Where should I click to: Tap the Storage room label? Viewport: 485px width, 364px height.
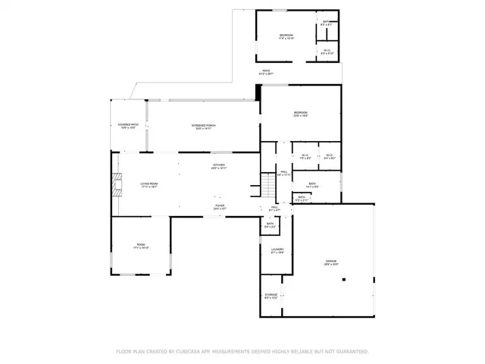[x=271, y=296]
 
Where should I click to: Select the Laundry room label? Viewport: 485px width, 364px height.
[x=277, y=251]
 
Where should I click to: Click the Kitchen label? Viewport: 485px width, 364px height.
[x=219, y=166]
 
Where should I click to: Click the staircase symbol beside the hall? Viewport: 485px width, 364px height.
[x=270, y=184]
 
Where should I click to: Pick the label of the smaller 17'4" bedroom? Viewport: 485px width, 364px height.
[x=286, y=36]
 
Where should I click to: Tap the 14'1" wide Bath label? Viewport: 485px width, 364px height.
[x=312, y=184]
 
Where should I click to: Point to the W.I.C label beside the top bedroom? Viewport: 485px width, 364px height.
[x=326, y=52]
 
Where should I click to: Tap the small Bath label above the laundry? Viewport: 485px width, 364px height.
[x=270, y=224]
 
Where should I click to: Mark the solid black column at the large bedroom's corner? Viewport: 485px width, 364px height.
[x=259, y=92]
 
